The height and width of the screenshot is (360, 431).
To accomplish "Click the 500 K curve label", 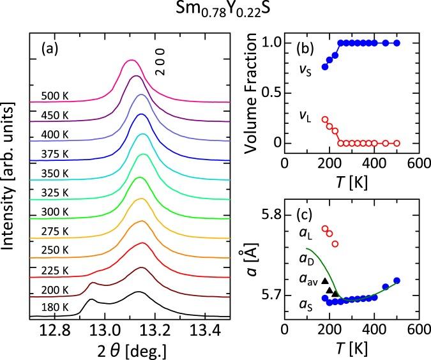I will pos(54,96).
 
